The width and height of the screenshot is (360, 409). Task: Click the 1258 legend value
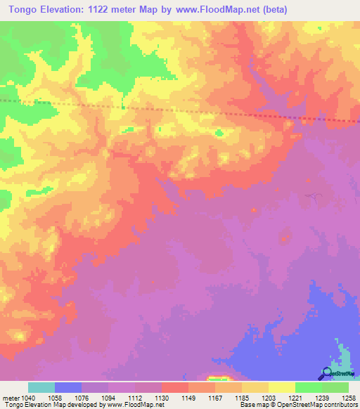(349, 398)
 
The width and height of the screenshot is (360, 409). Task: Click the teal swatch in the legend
(41, 387)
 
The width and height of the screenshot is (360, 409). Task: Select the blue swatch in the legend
(68, 387)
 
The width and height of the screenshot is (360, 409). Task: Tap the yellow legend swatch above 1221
(281, 387)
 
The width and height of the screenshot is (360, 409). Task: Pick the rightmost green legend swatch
(335, 387)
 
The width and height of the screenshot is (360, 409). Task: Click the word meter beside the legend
(10, 398)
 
